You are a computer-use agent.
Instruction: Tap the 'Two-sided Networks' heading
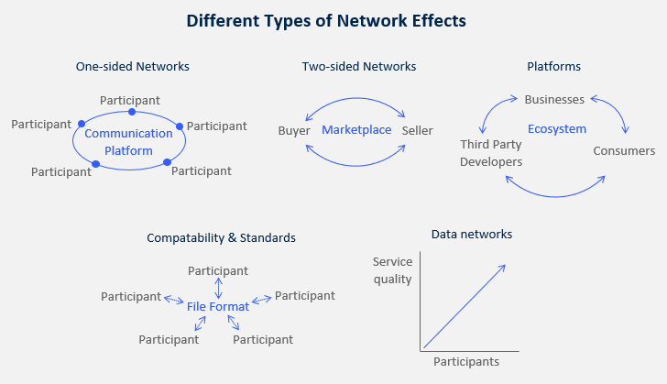pos(359,66)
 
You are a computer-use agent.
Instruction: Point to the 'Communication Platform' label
pos(128,142)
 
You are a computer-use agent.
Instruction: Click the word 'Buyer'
pos(294,131)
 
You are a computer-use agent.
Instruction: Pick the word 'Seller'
pos(417,131)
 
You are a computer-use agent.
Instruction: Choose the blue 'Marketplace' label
pos(356,130)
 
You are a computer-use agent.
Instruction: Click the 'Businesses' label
pos(554,99)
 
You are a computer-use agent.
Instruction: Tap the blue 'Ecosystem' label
pos(556,129)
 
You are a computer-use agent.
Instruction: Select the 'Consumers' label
pos(624,150)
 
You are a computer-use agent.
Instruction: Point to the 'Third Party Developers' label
pos(492,153)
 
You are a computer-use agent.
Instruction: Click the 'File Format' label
pos(218,306)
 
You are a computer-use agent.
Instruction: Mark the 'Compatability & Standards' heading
pos(221,237)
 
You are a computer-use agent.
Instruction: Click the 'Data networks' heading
pos(471,235)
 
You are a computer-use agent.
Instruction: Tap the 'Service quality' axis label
pos(392,270)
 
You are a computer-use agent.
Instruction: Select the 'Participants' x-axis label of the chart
pos(466,361)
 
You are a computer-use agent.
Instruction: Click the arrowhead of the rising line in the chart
pos(503,266)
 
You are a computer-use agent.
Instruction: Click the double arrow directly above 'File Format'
pos(218,289)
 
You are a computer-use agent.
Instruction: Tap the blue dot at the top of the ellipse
pos(132,112)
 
